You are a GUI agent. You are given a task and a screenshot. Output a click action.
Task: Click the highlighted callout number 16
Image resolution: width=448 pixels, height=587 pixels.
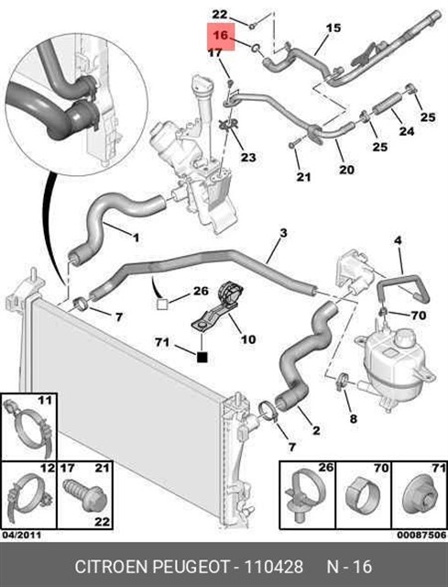click(x=221, y=35)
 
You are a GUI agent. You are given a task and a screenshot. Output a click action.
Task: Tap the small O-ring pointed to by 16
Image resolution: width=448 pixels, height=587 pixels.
click(x=256, y=48)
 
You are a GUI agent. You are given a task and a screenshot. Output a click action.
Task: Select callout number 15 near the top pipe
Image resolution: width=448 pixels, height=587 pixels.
click(x=333, y=28)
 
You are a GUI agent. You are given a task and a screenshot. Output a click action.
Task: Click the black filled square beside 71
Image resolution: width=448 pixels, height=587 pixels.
click(x=202, y=358)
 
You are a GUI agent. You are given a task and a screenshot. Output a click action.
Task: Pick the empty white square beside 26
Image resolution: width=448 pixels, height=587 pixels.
click(x=162, y=304)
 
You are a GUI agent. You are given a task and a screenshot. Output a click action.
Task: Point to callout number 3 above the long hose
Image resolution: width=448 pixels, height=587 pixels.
click(x=283, y=233)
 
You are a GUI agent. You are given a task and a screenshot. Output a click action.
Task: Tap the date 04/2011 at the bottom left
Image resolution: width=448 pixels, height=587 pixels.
click(x=22, y=535)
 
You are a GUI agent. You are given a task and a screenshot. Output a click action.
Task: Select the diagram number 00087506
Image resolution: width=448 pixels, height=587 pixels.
click(x=421, y=535)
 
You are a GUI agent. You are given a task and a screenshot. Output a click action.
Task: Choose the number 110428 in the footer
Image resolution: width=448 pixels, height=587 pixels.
click(x=273, y=567)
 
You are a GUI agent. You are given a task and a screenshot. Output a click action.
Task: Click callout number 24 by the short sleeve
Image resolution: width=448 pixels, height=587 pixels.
click(x=406, y=131)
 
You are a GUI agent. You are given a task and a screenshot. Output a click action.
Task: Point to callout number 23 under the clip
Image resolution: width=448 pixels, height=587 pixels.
click(x=248, y=157)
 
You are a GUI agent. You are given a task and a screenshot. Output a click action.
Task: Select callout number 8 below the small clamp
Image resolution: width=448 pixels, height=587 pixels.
click(x=353, y=418)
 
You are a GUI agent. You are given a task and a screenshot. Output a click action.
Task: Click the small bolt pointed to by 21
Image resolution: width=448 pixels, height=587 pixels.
click(x=293, y=144)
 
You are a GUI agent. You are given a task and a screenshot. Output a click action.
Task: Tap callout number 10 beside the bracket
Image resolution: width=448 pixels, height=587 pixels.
click(x=248, y=339)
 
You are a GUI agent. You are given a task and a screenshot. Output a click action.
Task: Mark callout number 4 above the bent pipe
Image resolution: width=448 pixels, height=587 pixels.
click(x=398, y=240)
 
